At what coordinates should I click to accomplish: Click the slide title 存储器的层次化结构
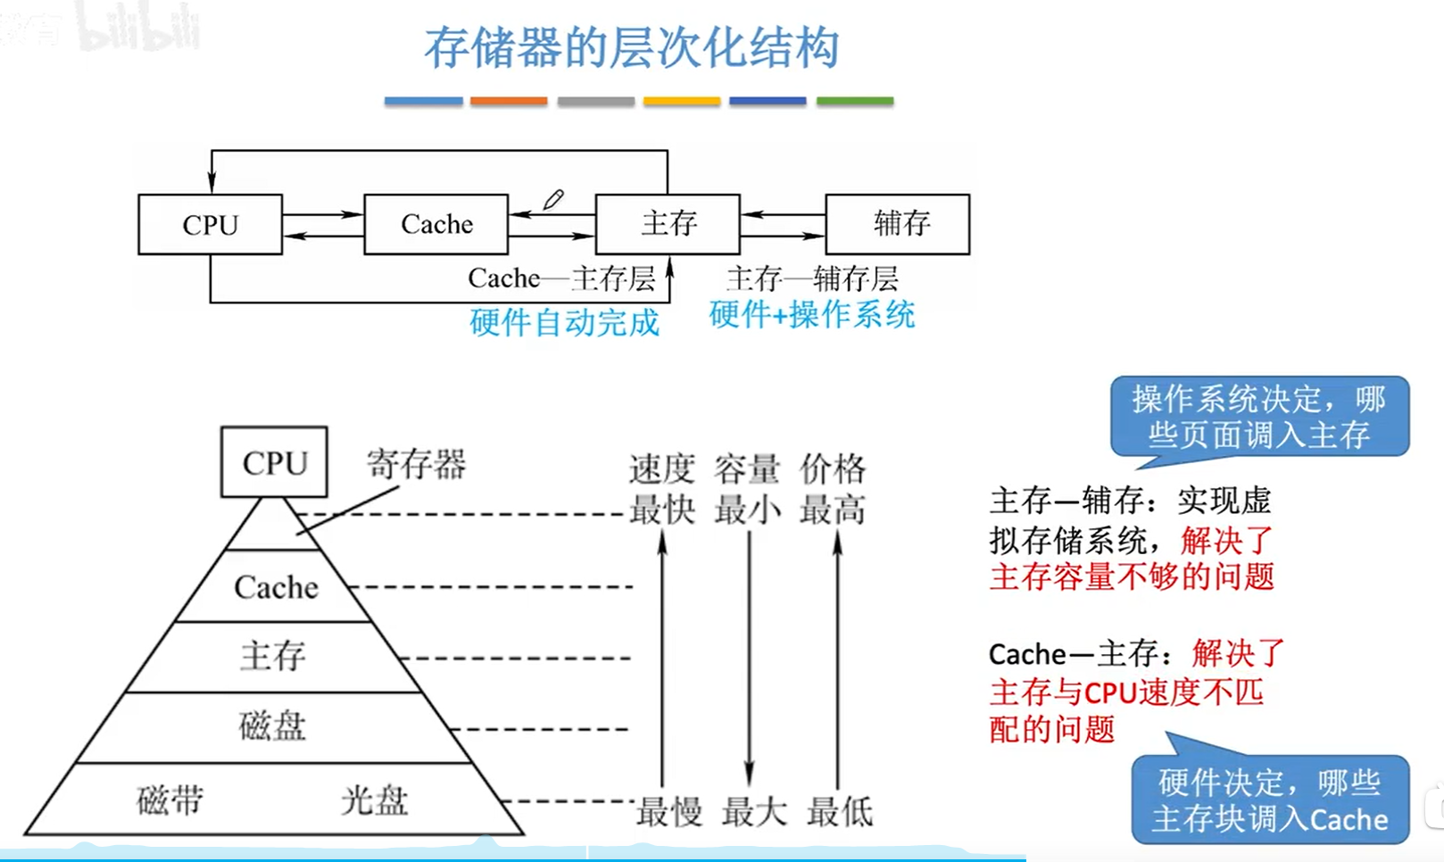[x=631, y=48]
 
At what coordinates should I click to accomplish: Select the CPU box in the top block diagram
[x=210, y=225]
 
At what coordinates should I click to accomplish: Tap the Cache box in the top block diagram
[x=436, y=225]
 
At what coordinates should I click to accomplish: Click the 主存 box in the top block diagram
[x=668, y=224]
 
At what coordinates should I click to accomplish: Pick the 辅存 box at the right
[x=898, y=224]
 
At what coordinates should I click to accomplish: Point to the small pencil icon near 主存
[x=553, y=200]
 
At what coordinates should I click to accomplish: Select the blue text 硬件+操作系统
[x=811, y=315]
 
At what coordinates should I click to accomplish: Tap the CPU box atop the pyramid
[x=274, y=462]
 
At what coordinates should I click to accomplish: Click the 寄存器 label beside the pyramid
[x=416, y=464]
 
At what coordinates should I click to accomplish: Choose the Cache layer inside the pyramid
[x=275, y=587]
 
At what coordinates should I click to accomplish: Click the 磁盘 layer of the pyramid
[x=272, y=726]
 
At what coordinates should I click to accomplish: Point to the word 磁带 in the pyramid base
[x=170, y=800]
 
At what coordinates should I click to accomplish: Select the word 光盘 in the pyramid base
[x=374, y=800]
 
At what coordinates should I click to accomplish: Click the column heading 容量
[x=747, y=468]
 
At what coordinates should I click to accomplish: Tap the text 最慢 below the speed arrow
[x=668, y=812]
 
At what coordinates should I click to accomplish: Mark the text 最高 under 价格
[x=832, y=510]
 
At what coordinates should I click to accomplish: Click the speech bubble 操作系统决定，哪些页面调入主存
[x=1259, y=417]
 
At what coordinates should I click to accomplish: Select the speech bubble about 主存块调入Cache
[x=1269, y=800]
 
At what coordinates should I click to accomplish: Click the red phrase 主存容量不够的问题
[x=1131, y=577]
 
